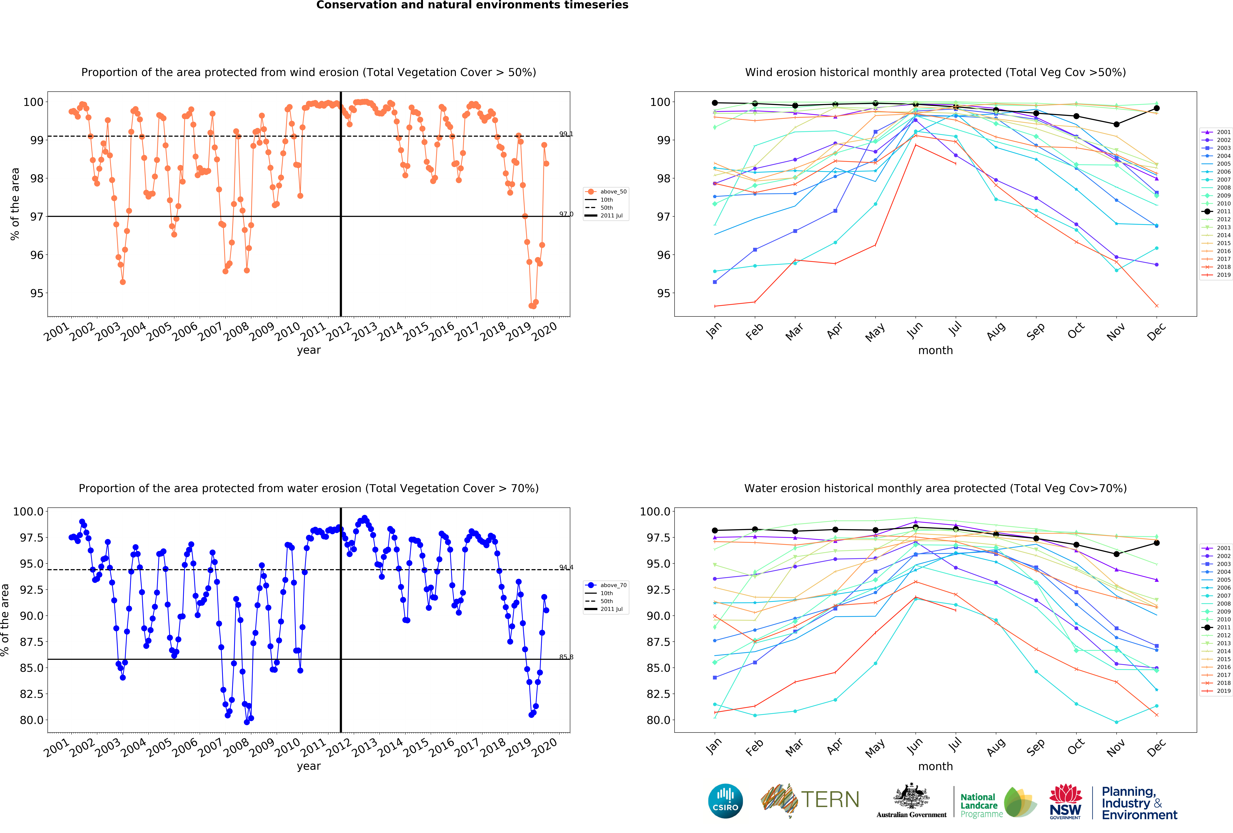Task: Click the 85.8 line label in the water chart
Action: [x=566, y=657]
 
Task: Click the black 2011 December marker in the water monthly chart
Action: [x=1157, y=543]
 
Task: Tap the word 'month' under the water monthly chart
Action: [x=935, y=766]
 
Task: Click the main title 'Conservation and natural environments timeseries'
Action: [x=472, y=5]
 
